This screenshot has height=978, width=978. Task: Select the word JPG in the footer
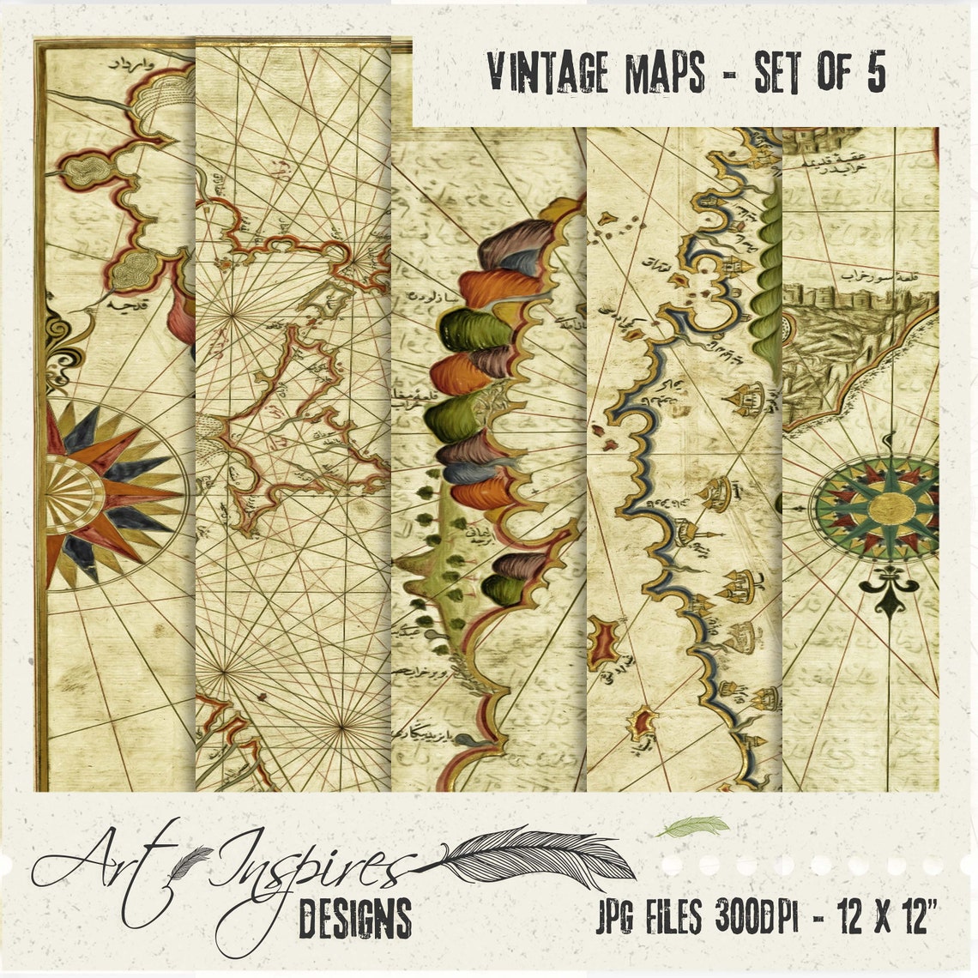click(x=614, y=921)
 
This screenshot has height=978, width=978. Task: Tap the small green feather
click(x=691, y=827)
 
